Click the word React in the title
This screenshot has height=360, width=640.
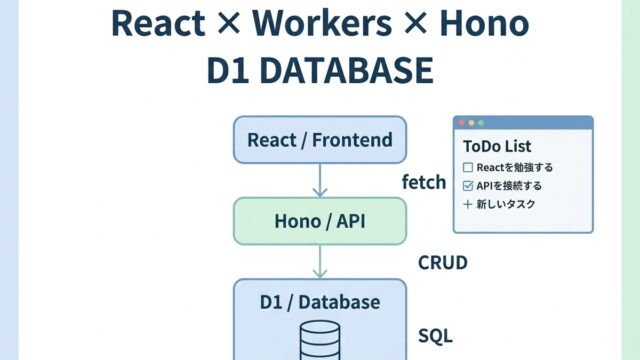tap(158, 23)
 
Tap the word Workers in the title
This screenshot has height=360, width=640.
tap(322, 23)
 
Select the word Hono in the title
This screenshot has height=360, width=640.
tap(484, 23)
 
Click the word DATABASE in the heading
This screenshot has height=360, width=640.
tap(347, 70)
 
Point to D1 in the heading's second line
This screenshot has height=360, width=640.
tap(228, 70)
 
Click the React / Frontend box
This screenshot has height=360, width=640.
tap(320, 140)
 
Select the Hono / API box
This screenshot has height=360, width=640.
tap(320, 221)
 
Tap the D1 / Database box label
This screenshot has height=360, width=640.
tap(320, 302)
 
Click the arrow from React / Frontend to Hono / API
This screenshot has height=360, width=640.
tap(320, 180)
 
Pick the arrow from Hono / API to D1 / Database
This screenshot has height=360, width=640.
tap(320, 262)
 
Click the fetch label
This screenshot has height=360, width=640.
tap(424, 182)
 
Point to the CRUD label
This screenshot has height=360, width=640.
tap(443, 262)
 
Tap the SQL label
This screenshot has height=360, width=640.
tap(436, 336)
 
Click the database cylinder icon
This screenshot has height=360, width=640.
tap(320, 340)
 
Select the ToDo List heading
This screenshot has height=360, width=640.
tap(497, 146)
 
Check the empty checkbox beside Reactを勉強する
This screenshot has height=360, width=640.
tap(468, 167)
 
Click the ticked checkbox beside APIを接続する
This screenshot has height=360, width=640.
tap(468, 186)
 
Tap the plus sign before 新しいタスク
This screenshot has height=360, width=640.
tap(468, 204)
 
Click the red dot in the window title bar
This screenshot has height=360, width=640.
tap(462, 123)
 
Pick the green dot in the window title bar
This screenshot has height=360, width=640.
tap(481, 123)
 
